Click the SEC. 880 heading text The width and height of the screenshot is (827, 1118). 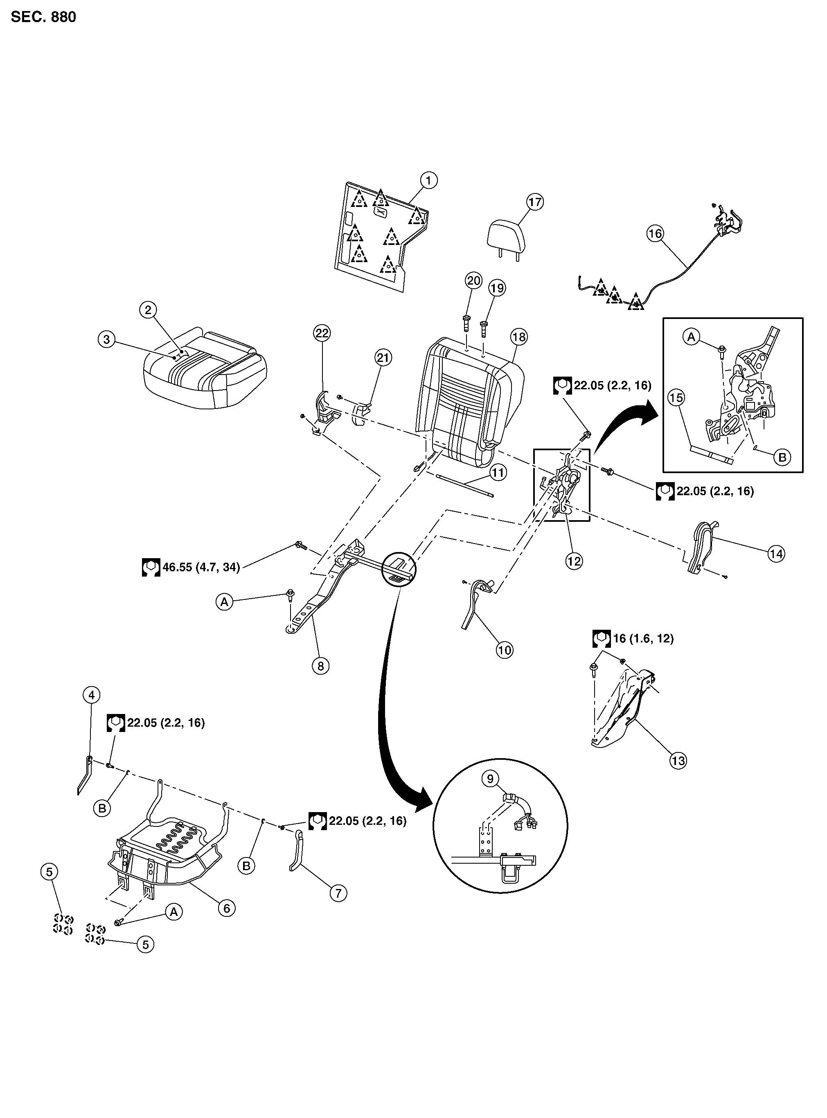coord(43,17)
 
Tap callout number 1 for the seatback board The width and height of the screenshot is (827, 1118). coord(428,180)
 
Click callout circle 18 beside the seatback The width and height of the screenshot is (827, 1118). coord(519,337)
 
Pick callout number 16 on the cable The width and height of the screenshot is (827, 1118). coord(655,233)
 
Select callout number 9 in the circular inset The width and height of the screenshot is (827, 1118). coord(490,778)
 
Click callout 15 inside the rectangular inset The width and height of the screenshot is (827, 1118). coord(676,397)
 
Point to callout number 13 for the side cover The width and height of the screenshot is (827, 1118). coord(678,761)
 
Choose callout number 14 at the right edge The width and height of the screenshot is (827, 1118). coord(776,554)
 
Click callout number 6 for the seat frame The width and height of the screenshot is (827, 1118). coord(226,908)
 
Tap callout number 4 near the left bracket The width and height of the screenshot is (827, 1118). coord(91,695)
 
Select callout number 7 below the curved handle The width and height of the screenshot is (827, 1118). coord(338,893)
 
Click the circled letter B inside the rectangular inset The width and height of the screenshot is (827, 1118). coord(782,457)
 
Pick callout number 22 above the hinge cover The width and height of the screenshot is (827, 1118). coord(322,333)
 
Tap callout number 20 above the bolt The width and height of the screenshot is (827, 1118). coord(473,281)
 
